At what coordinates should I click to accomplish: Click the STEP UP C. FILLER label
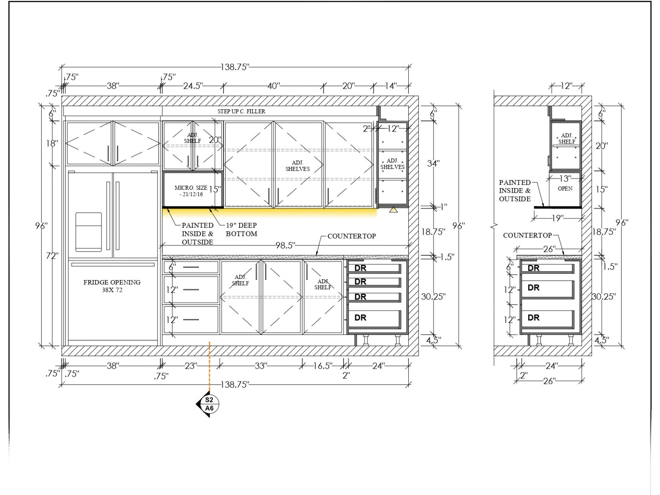click(241, 111)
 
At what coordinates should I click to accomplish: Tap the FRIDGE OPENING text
click(112, 282)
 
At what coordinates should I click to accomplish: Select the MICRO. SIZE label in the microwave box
click(191, 188)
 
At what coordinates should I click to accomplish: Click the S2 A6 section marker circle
click(209, 404)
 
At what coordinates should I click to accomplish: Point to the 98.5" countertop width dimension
click(285, 245)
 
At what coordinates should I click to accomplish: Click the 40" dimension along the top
click(273, 86)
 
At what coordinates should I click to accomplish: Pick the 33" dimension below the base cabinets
click(261, 366)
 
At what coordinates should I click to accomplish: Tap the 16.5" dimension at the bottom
click(323, 366)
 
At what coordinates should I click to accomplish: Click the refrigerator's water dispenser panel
click(88, 232)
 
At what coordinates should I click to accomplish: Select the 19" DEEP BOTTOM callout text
click(241, 229)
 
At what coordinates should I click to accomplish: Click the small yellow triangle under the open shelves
click(393, 210)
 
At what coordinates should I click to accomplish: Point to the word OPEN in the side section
click(565, 189)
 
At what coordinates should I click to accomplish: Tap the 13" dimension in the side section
click(565, 179)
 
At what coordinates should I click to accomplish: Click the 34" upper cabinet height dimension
click(433, 163)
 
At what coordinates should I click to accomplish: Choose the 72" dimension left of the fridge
click(52, 256)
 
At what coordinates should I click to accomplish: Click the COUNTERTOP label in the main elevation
click(351, 236)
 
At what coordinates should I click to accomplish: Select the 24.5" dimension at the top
click(193, 86)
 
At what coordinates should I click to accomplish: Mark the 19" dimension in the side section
click(558, 218)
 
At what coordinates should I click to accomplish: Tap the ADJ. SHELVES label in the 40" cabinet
click(297, 166)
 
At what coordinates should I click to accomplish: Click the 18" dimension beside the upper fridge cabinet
click(52, 144)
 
